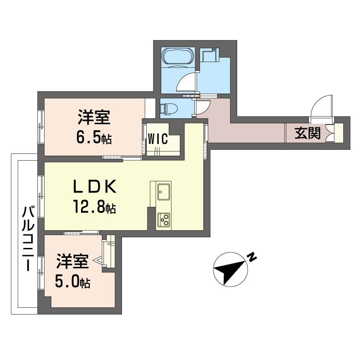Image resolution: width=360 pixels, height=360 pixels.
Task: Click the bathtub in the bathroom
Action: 178,57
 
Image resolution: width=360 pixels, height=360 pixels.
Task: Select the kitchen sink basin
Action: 164,192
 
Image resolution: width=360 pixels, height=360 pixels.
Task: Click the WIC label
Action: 158,139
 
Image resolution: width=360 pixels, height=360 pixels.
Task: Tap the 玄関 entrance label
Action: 308,133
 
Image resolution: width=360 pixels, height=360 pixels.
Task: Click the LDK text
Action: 94,186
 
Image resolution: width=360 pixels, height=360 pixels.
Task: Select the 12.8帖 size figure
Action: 94,207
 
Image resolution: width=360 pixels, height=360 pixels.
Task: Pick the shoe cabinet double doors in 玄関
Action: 330,133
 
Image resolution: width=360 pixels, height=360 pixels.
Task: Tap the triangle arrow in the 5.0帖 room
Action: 98,261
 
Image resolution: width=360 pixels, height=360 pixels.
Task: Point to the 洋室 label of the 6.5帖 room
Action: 94,117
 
